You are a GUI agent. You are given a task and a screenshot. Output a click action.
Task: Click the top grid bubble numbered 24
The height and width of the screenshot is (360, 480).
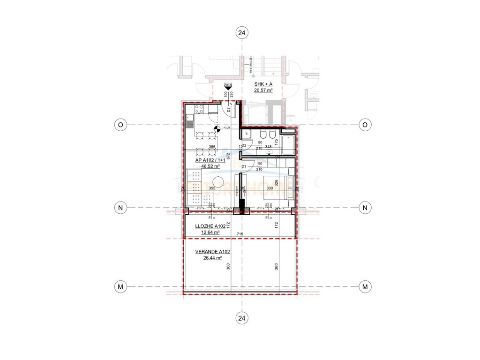click(x=242, y=32)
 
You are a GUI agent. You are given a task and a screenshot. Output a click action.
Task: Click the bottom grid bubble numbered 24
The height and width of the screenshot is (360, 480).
click(x=242, y=318)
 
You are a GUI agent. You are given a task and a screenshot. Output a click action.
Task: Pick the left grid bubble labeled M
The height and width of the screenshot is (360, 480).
click(x=120, y=286)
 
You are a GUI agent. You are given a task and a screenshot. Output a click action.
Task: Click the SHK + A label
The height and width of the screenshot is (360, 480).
click(x=263, y=83)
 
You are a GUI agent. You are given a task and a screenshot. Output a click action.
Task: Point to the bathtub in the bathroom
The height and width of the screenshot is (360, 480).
click(x=288, y=144)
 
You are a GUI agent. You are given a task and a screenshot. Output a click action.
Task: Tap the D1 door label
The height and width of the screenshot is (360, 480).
click(x=244, y=166)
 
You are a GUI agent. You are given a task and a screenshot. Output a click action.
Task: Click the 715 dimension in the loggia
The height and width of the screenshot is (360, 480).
click(x=240, y=233)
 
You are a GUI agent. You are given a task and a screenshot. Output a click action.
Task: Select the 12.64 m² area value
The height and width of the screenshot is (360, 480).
click(x=210, y=232)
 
